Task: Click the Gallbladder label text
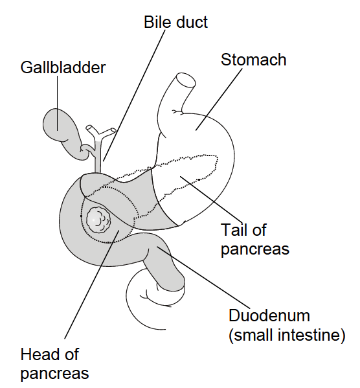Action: click(63, 67)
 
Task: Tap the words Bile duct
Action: click(175, 22)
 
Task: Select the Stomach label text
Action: click(253, 60)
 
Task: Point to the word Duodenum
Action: click(269, 315)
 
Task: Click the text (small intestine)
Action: click(287, 335)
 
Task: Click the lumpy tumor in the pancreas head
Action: click(98, 220)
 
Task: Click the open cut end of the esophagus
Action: click(186, 80)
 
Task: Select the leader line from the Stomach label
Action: click(219, 99)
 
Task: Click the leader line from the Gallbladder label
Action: click(58, 103)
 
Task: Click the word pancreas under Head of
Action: click(54, 374)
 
